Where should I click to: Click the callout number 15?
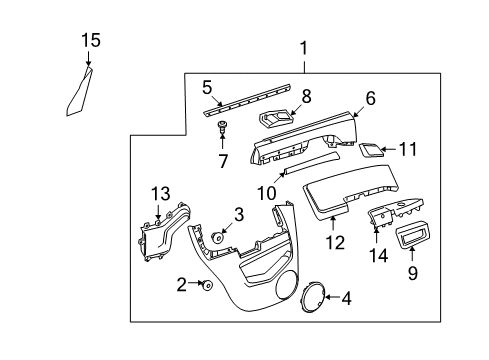click(x=91, y=40)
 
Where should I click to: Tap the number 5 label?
click(x=207, y=87)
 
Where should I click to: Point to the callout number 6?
click(x=369, y=98)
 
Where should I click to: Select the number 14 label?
click(x=378, y=255)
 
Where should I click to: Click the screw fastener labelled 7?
click(x=221, y=127)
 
